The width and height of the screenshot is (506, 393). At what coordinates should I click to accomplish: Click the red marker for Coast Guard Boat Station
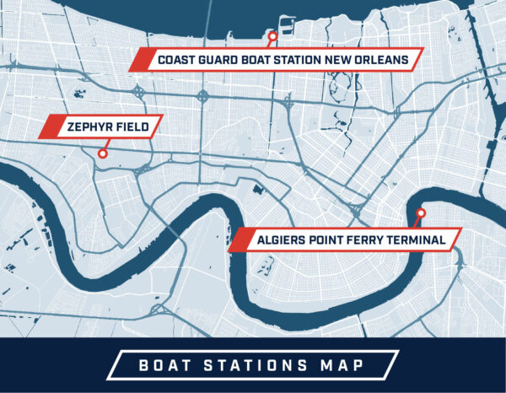click(x=272, y=36)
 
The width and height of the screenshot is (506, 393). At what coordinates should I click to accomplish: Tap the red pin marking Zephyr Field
click(x=103, y=153)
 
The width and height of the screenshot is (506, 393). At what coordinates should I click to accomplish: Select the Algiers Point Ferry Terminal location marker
click(x=421, y=213)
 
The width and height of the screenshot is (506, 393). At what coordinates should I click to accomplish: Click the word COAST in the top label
click(x=177, y=60)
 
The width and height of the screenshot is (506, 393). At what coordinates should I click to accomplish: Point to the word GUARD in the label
click(x=222, y=60)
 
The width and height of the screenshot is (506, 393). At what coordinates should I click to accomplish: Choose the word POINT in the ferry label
click(x=327, y=240)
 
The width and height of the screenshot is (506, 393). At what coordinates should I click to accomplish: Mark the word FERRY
click(x=369, y=240)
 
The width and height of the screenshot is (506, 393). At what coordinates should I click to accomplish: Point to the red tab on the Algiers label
click(x=241, y=240)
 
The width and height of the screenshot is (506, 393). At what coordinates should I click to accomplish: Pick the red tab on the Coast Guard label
click(x=142, y=60)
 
